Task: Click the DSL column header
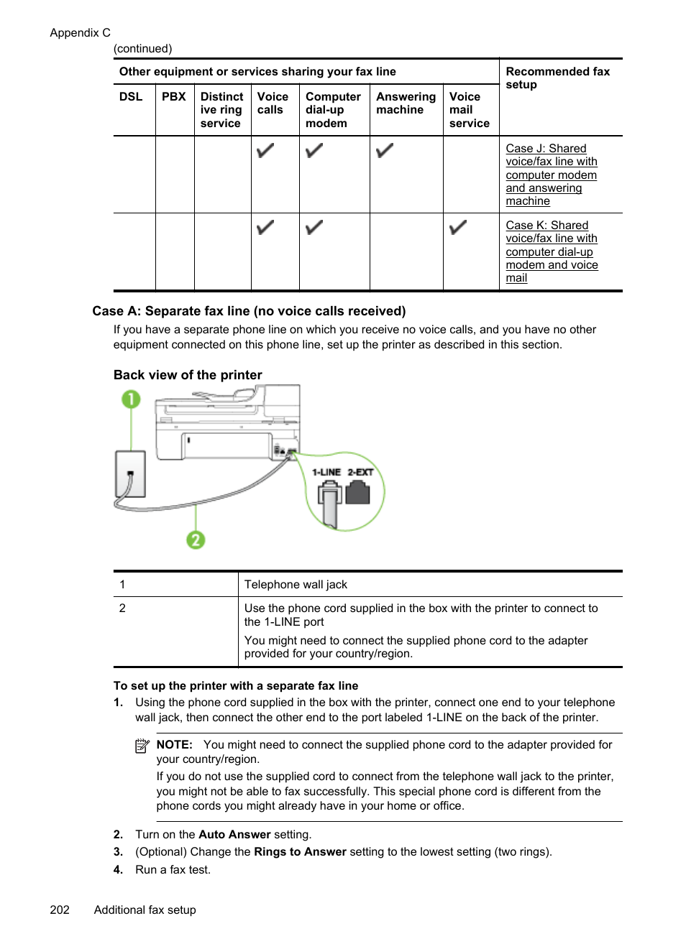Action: coord(131,96)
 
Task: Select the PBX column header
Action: coord(173,96)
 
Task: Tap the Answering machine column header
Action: coord(406,103)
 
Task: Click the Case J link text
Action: coord(551,175)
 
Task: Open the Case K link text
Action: coord(551,251)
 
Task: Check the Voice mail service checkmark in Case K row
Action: coord(458,228)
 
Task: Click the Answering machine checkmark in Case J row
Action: coord(385,151)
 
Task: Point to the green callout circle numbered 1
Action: coord(131,399)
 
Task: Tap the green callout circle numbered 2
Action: coord(196,540)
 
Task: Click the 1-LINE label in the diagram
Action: coord(326,472)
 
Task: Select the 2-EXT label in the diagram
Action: coord(360,472)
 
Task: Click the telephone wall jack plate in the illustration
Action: coord(130,474)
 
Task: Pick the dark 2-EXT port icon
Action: coord(357,493)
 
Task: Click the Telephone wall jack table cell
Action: coord(296,585)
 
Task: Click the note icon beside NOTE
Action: coord(142,746)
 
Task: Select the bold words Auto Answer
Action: coord(234,834)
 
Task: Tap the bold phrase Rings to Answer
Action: coord(300,851)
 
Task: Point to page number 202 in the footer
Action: coord(60,909)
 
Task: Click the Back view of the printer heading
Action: coord(188,375)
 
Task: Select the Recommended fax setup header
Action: coord(557,78)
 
